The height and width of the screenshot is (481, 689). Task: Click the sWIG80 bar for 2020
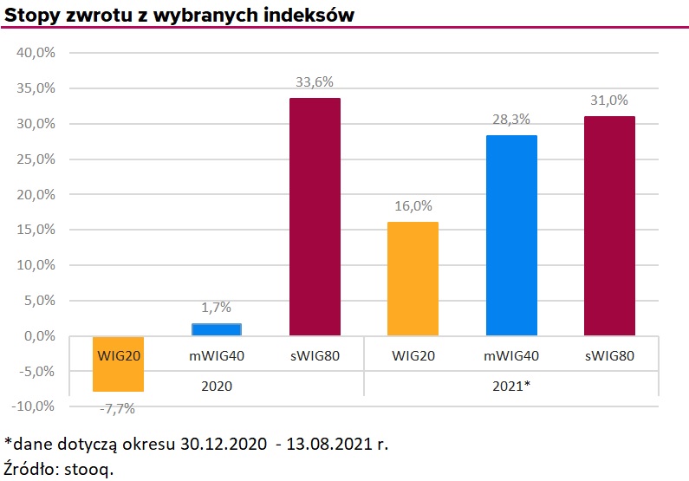pyautogui.click(x=314, y=217)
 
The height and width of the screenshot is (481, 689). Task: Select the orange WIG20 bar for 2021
pyautogui.click(x=413, y=278)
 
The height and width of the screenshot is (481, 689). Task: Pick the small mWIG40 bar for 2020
pyautogui.click(x=216, y=329)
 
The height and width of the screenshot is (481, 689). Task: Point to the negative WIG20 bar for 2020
pyautogui.click(x=118, y=363)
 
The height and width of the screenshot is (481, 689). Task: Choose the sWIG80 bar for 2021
pyautogui.click(x=609, y=225)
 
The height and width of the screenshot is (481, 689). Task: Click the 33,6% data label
pyautogui.click(x=314, y=82)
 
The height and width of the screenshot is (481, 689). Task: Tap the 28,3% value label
pyautogui.click(x=511, y=120)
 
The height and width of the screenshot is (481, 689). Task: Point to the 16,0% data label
pyautogui.click(x=413, y=207)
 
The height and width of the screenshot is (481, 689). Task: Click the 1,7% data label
pyautogui.click(x=216, y=308)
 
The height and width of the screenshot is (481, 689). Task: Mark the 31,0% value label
pyautogui.click(x=609, y=101)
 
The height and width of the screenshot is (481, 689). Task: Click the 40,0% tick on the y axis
pyautogui.click(x=36, y=53)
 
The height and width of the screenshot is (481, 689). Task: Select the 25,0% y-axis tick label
pyautogui.click(x=36, y=159)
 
